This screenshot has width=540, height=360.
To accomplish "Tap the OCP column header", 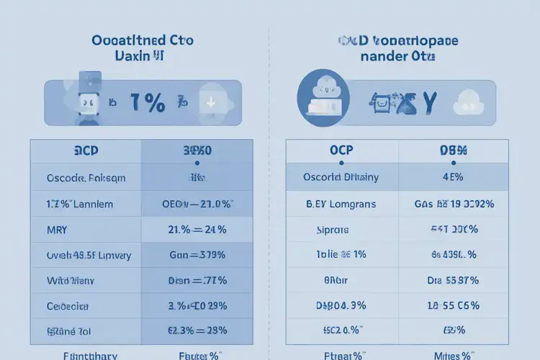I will pyautogui.click(x=342, y=150).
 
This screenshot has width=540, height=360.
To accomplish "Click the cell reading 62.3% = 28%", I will pyautogui.click(x=197, y=330).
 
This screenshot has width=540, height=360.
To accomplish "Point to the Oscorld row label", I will pyautogui.click(x=342, y=177).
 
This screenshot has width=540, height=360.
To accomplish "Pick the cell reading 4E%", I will pyautogui.click(x=454, y=177).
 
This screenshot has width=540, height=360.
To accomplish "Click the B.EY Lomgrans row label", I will pyautogui.click(x=341, y=204).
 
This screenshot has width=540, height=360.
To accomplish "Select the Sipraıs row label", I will pyautogui.click(x=333, y=230).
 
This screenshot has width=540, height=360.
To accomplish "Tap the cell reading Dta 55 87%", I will pyautogui.click(x=453, y=280).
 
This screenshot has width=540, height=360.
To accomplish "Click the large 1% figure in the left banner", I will pyautogui.click(x=148, y=104).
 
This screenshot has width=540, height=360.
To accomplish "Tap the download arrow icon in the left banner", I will pyautogui.click(x=211, y=102).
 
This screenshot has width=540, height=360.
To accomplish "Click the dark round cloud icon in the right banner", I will pyautogui.click(x=323, y=99).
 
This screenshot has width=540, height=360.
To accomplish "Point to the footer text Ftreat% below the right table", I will pyautogui.click(x=341, y=354).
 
